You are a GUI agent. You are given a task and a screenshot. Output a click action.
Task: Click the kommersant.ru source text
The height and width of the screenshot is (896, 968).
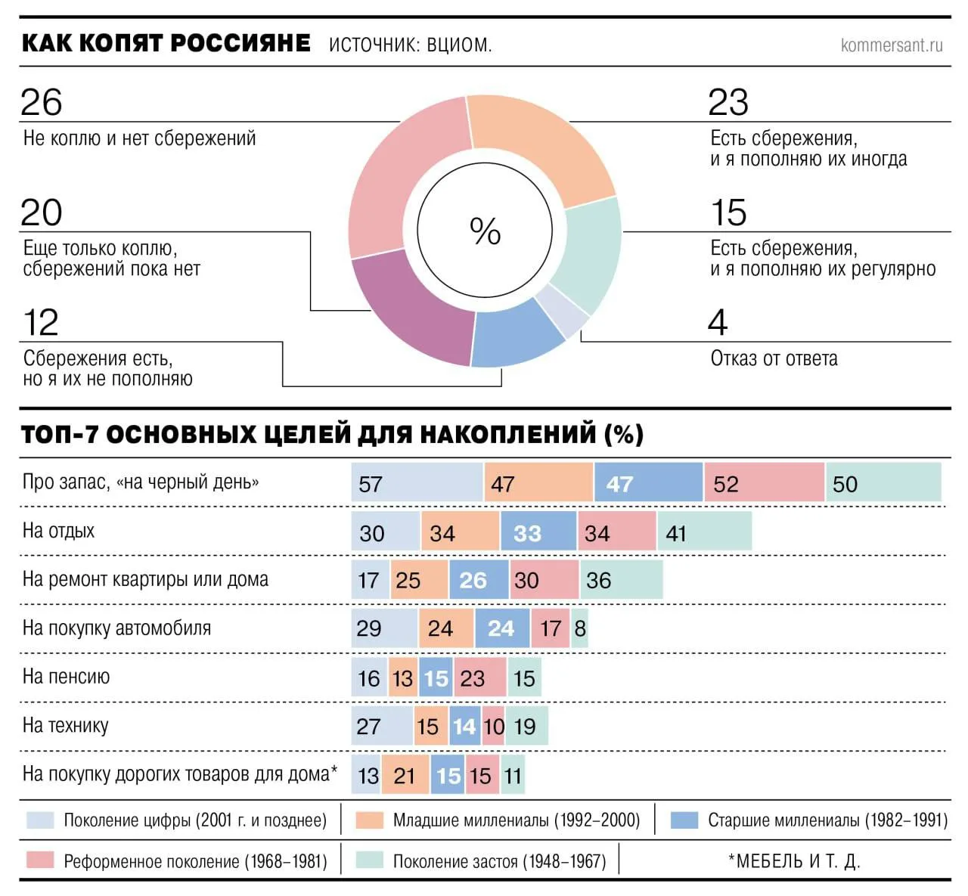pyautogui.click(x=892, y=45)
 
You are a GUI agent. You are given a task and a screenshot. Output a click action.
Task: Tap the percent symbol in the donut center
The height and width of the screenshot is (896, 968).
pyautogui.click(x=485, y=231)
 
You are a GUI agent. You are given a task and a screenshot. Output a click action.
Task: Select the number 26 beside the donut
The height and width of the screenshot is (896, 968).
pyautogui.click(x=42, y=102)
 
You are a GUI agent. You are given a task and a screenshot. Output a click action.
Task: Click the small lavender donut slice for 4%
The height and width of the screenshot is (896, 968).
pyautogui.click(x=562, y=312)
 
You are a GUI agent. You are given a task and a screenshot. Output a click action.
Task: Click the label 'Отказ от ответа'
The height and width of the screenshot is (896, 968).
pyautogui.click(x=774, y=358)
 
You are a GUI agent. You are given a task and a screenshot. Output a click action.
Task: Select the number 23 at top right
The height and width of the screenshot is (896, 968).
pyautogui.click(x=728, y=102)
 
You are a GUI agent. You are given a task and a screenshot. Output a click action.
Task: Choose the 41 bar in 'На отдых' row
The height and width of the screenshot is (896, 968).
pyautogui.click(x=704, y=532)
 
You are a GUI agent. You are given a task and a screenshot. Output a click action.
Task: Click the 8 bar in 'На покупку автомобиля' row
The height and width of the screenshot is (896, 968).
pyautogui.click(x=580, y=628)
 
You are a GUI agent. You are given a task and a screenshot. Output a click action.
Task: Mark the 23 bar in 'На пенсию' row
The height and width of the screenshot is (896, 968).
pyautogui.click(x=479, y=677)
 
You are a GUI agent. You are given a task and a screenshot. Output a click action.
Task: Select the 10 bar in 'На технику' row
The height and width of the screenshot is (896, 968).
pyautogui.click(x=494, y=726)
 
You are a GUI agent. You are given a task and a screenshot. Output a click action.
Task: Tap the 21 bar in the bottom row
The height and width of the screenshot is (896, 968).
pyautogui.click(x=405, y=775)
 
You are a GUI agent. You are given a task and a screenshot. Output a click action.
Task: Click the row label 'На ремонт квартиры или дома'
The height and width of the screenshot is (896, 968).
pyautogui.click(x=145, y=580)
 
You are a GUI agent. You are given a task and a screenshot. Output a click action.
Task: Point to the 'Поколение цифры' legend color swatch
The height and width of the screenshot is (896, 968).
pyautogui.click(x=40, y=820)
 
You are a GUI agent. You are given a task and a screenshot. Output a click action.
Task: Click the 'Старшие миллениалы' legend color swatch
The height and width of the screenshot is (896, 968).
pyautogui.click(x=684, y=820)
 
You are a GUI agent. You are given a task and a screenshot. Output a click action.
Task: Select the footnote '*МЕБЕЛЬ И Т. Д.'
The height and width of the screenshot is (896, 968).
pyautogui.click(x=794, y=860)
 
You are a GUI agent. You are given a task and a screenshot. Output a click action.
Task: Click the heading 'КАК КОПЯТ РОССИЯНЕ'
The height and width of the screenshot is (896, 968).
pyautogui.click(x=166, y=43)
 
